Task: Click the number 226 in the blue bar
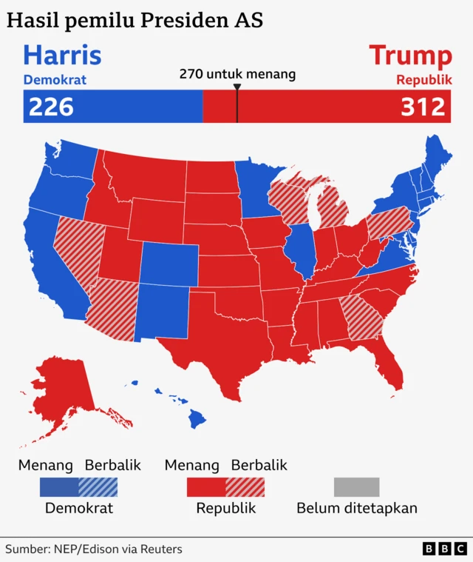(51, 107)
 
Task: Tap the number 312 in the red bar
(423, 107)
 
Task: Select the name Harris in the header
(62, 56)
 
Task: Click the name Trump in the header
(410, 56)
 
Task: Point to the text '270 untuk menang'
(237, 74)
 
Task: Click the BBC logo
(445, 549)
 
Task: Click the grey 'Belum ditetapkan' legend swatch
(356, 487)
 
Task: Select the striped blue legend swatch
(98, 487)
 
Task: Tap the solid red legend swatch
(205, 487)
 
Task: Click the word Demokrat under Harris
(55, 80)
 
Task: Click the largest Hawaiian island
(197, 420)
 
